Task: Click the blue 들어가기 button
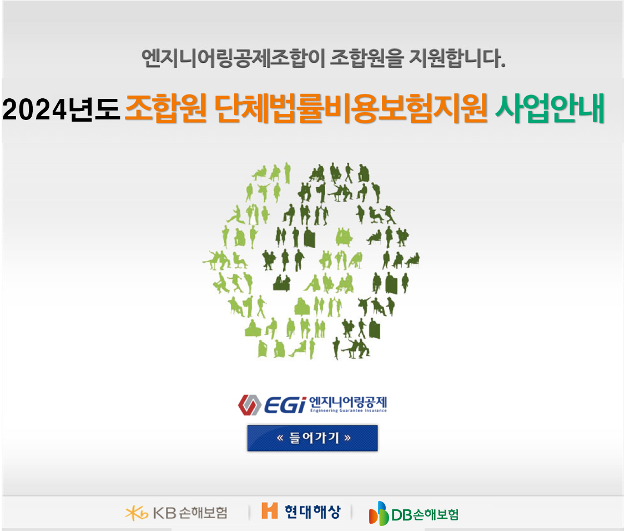coord(312,438)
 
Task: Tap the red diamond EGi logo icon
coord(250,405)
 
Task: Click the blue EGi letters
coord(285,405)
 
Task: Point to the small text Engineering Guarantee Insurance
coord(349,410)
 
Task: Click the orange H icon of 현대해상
coord(269,510)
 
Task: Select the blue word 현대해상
coord(313,512)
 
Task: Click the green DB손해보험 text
coord(425,515)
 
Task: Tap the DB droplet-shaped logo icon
coord(379,513)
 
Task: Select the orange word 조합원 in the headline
coord(166,108)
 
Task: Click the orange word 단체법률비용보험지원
coord(351,108)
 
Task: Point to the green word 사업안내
coord(550,108)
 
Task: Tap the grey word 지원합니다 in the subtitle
coord(458,58)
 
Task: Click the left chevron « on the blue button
coord(280,438)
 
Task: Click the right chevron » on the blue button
coord(347,438)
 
